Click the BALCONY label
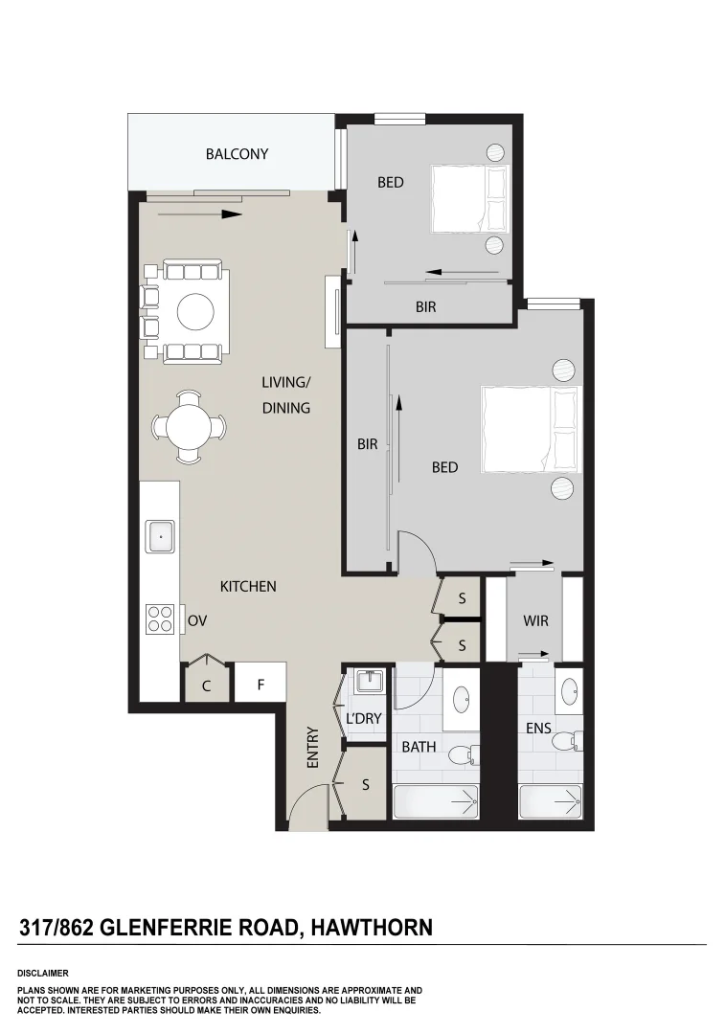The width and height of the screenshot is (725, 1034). pyautogui.click(x=237, y=153)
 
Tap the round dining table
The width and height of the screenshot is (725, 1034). pyautogui.click(x=190, y=427)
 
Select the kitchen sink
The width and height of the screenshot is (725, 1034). pyautogui.click(x=160, y=536)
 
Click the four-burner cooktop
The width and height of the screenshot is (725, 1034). pyautogui.click(x=160, y=620)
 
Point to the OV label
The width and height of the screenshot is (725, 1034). pyautogui.click(x=197, y=620)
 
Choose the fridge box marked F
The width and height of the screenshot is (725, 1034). pyautogui.click(x=260, y=685)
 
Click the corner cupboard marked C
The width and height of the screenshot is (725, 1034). pyautogui.click(x=206, y=686)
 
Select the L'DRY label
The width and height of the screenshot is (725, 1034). pyautogui.click(x=364, y=718)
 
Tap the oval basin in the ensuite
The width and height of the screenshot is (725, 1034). pyautogui.click(x=569, y=688)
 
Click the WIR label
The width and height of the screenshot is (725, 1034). pyautogui.click(x=535, y=620)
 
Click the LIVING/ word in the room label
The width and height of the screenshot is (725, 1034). pyautogui.click(x=286, y=382)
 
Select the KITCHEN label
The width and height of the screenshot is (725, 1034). pyautogui.click(x=248, y=586)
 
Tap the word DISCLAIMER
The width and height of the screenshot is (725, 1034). pyautogui.click(x=42, y=973)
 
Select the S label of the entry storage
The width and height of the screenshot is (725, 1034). pyautogui.click(x=366, y=784)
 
